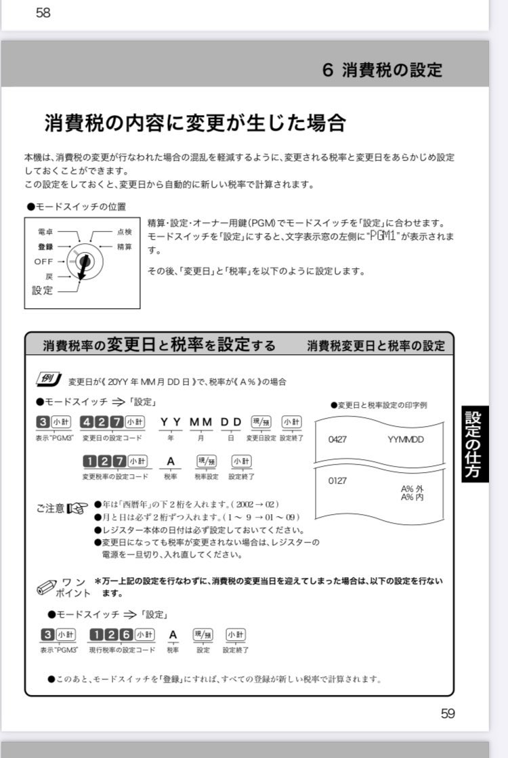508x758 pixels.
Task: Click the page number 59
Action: pyautogui.click(x=448, y=713)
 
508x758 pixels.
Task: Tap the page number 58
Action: pyautogui.click(x=43, y=13)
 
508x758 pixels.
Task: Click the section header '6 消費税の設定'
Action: pyautogui.click(x=382, y=70)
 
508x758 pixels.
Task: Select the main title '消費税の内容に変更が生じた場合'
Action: pyautogui.click(x=195, y=123)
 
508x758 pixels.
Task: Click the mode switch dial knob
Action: pyautogui.click(x=84, y=261)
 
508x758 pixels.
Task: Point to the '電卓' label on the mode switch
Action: pyautogui.click(x=45, y=232)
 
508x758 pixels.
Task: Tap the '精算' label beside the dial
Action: pyautogui.click(x=124, y=247)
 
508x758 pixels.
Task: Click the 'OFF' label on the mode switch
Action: pyautogui.click(x=43, y=261)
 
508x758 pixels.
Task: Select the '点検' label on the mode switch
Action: pyautogui.click(x=124, y=232)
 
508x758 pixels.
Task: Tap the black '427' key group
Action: pyautogui.click(x=102, y=422)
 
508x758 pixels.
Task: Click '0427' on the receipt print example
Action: pyautogui.click(x=337, y=439)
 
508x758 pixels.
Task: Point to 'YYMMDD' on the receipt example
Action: pyautogui.click(x=406, y=439)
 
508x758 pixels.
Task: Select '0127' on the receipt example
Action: pyautogui.click(x=337, y=480)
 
